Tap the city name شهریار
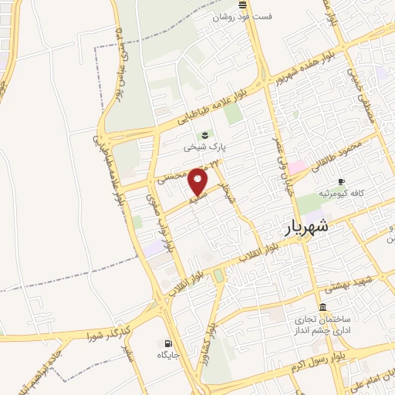306,227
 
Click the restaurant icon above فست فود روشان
243,5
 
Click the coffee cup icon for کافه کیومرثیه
342,181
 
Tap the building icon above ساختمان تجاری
322,306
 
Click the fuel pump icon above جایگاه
167,343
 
